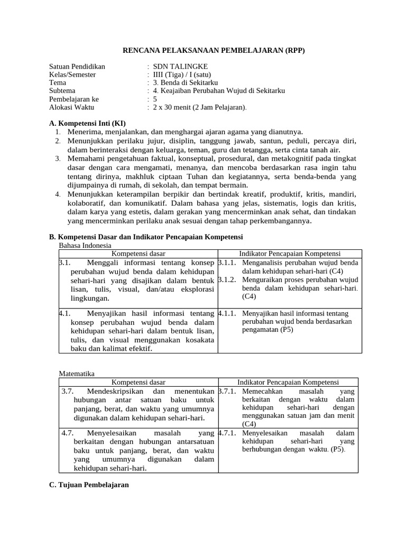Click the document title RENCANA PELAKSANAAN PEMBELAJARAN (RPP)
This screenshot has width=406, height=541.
click(x=214, y=51)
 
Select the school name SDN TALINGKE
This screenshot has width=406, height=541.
click(x=177, y=67)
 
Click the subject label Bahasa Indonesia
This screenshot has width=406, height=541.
click(x=85, y=245)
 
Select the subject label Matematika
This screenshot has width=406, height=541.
click(x=77, y=374)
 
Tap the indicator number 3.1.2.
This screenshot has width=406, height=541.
click(x=227, y=279)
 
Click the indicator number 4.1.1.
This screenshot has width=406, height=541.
click(x=227, y=313)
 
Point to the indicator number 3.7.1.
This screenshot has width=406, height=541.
click(x=227, y=391)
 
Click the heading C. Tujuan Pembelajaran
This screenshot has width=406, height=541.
click(x=89, y=484)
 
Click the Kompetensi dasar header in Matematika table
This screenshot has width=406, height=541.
click(x=139, y=382)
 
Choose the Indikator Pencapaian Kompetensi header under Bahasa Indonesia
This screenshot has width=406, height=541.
click(x=290, y=254)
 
